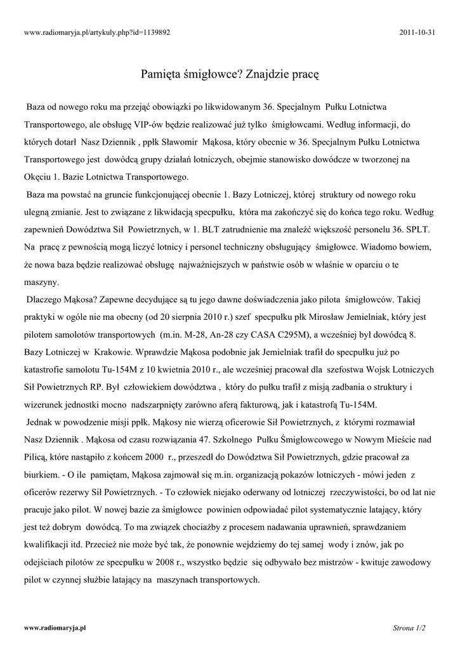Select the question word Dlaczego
point(46,298)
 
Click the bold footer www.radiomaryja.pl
point(55,628)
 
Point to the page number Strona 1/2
point(409,628)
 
